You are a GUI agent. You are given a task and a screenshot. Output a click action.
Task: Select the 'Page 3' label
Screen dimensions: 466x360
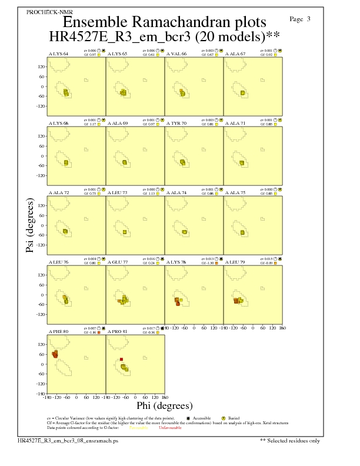click(301, 19)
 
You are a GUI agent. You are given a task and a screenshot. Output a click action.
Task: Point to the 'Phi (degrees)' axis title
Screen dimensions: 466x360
click(164, 405)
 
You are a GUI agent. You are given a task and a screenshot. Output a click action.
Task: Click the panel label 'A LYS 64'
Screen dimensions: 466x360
click(58, 54)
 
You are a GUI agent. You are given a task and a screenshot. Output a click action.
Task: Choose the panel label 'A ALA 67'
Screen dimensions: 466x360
click(235, 54)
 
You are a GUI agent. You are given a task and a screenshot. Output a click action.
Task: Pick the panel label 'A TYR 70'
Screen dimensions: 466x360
click(176, 124)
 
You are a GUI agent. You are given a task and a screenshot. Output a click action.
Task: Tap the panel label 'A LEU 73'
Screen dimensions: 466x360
click(117, 192)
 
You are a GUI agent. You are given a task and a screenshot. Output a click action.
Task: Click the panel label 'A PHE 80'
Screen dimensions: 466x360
click(58, 332)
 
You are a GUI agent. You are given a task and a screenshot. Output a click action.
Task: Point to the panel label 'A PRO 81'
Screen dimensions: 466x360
click(117, 332)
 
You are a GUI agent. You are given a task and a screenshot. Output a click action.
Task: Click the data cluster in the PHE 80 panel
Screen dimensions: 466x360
click(55, 354)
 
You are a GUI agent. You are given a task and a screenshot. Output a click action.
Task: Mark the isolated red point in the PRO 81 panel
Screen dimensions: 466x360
click(121, 359)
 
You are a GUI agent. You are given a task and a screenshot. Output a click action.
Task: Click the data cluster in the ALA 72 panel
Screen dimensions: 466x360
click(65, 231)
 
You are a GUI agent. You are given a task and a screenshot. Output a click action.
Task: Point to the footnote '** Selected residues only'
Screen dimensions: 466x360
click(291, 440)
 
